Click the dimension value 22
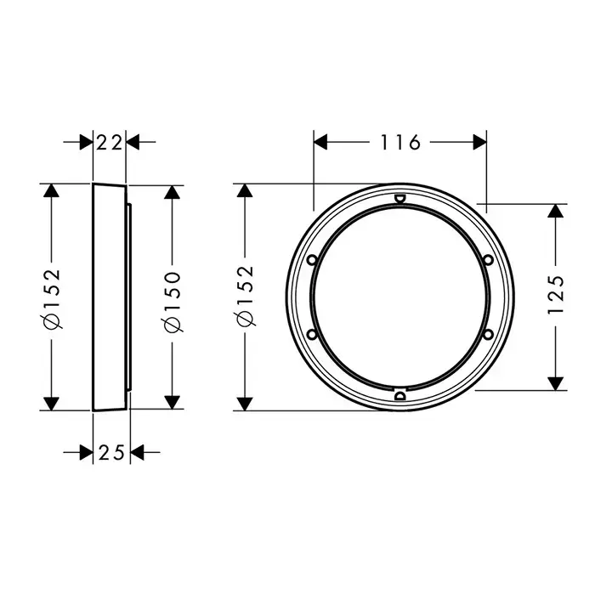(x=110, y=143)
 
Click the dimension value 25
(x=111, y=453)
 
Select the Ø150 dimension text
(x=173, y=302)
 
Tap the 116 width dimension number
(x=400, y=143)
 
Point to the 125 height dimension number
(x=556, y=294)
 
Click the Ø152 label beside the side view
(x=52, y=298)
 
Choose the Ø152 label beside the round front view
(x=245, y=296)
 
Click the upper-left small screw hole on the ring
(x=312, y=260)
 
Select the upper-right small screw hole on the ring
(x=489, y=260)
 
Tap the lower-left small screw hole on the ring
(x=312, y=334)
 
